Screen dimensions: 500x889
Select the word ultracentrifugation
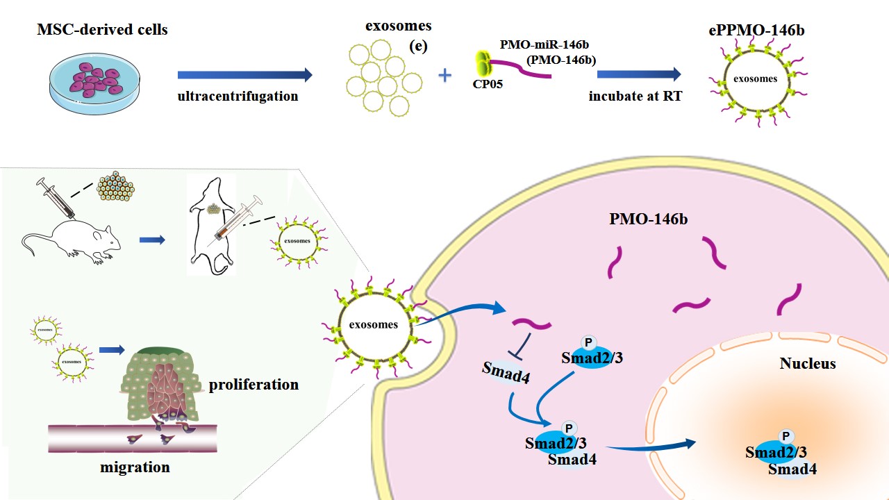238,97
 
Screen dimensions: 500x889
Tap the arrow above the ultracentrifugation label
244,74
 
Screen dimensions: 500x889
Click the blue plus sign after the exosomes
445,74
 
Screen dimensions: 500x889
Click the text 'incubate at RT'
635,97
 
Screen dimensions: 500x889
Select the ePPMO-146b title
754,29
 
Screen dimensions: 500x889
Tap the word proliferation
254,384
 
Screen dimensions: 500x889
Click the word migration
135,467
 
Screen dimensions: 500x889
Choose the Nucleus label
808,363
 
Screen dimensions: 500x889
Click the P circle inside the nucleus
786,436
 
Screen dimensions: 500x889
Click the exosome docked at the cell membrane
374,324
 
